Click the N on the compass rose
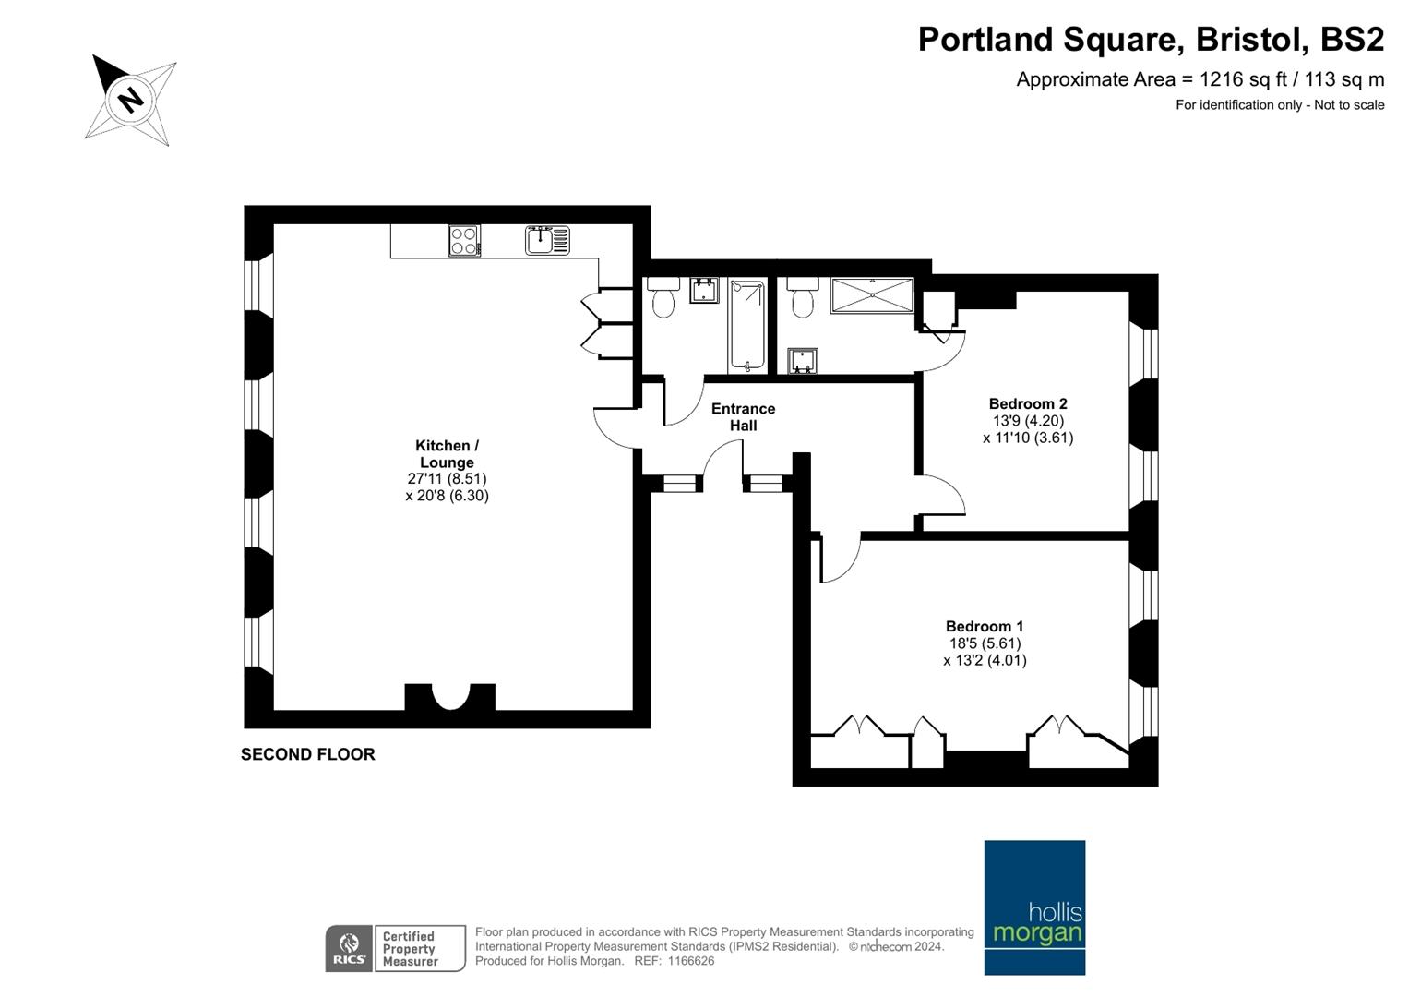click(x=131, y=100)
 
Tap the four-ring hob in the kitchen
click(x=464, y=240)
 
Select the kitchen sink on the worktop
click(x=547, y=240)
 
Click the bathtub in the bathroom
click(x=747, y=326)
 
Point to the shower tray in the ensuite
click(x=872, y=295)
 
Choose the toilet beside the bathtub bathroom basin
click(x=663, y=297)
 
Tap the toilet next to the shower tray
click(x=803, y=297)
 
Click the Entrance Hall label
click(x=743, y=417)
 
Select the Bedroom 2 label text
click(x=1028, y=403)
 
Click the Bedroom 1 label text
click(x=985, y=626)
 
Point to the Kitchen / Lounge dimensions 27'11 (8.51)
click(x=447, y=479)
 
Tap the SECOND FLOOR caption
click(x=307, y=754)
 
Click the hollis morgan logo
click(x=1034, y=907)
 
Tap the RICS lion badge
click(x=350, y=949)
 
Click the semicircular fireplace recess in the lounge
click(x=450, y=696)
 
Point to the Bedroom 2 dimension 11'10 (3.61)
click(x=1028, y=438)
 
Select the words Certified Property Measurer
click(x=410, y=949)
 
